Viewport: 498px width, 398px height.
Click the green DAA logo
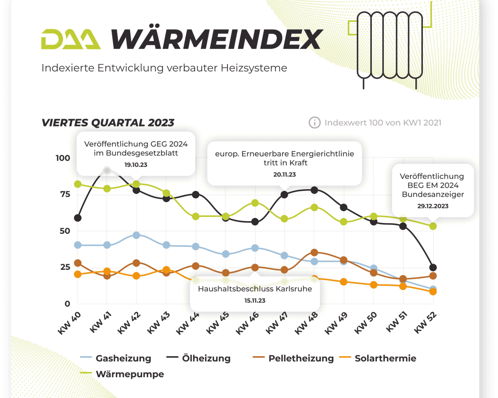pyautogui.click(x=71, y=39)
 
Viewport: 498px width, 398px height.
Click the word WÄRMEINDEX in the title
pyautogui.click(x=216, y=39)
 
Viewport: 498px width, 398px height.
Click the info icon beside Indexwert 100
pyautogui.click(x=315, y=122)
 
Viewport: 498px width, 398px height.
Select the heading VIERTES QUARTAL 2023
pyautogui.click(x=108, y=122)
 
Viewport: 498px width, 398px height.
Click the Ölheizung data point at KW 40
pyautogui.click(x=77, y=217)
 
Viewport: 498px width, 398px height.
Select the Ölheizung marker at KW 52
pyautogui.click(x=433, y=267)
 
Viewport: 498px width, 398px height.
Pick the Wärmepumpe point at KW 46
pyautogui.click(x=255, y=203)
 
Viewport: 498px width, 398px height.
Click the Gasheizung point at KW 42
pyautogui.click(x=137, y=235)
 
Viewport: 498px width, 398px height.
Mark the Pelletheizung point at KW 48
pyautogui.click(x=314, y=252)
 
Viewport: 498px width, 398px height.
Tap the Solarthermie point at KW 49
pyautogui.click(x=344, y=282)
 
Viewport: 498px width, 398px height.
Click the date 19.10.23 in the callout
pyautogui.click(x=136, y=165)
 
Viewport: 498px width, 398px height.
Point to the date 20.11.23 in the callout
pyautogui.click(x=285, y=175)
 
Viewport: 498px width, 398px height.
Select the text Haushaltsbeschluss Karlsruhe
pyautogui.click(x=255, y=289)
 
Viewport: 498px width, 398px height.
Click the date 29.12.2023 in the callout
pyautogui.click(x=433, y=206)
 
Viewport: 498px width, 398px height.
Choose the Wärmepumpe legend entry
pyautogui.click(x=129, y=374)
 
